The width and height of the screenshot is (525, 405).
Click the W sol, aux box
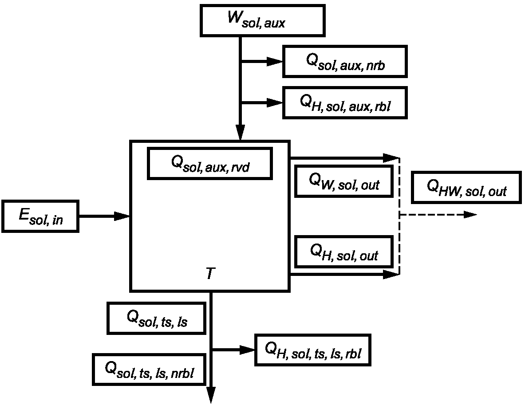click(x=263, y=20)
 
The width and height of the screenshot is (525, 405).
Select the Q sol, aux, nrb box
click(x=345, y=62)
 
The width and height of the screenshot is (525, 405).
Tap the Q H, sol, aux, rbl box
click(x=345, y=103)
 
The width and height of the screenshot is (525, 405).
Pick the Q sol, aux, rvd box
click(x=210, y=164)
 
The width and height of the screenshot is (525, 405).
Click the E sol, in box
click(x=40, y=216)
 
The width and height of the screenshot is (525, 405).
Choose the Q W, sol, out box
click(x=344, y=181)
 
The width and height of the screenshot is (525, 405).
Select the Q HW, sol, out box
click(x=466, y=188)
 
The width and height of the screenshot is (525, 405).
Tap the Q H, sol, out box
click(x=344, y=252)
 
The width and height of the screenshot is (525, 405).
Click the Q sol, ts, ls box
click(x=156, y=318)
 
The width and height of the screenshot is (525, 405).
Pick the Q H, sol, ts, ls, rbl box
click(x=313, y=350)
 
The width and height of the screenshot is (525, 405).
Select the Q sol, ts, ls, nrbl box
click(x=149, y=370)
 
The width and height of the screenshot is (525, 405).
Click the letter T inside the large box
click(x=210, y=273)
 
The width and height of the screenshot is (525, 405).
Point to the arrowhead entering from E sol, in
click(x=122, y=216)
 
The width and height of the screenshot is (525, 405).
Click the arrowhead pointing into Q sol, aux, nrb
click(x=275, y=62)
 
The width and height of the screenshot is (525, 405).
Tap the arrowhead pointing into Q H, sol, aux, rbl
click(x=275, y=103)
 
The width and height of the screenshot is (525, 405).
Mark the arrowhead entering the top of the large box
click(x=241, y=133)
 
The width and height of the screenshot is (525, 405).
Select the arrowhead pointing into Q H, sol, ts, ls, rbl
click(x=248, y=350)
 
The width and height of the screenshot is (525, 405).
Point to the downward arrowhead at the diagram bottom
click(x=211, y=395)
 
